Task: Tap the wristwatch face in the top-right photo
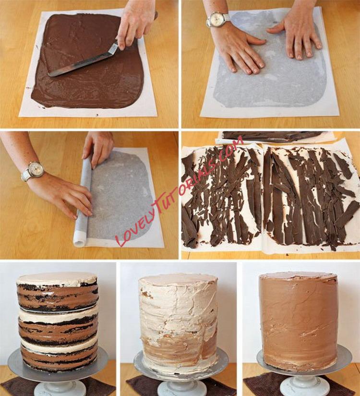pyautogui.click(x=215, y=19)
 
